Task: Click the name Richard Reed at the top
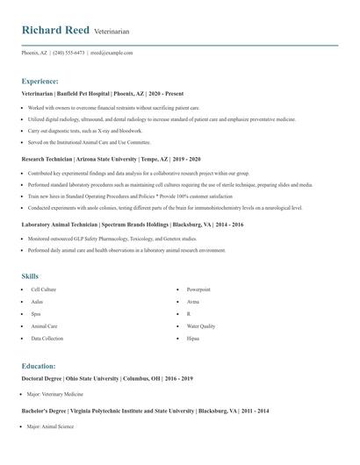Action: tap(55, 30)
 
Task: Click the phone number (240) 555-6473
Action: tap(68, 53)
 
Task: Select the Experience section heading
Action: tap(40, 81)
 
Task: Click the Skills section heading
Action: tap(31, 276)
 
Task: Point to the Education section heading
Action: tap(39, 366)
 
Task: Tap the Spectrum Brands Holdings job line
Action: tap(133, 225)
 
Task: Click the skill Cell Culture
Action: tap(44, 289)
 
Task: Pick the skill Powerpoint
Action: tap(198, 289)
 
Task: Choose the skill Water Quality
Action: tap(201, 325)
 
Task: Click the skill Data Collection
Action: tap(47, 338)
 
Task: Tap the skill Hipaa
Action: tap(193, 338)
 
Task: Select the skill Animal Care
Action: tap(45, 325)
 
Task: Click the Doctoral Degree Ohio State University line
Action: tap(106, 378)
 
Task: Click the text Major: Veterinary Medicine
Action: tap(55, 395)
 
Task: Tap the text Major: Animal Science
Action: tap(50, 426)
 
